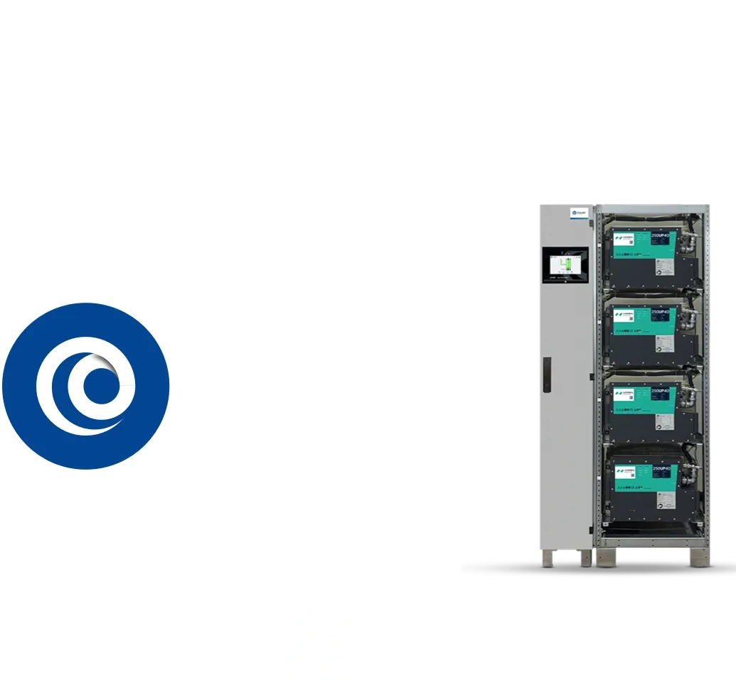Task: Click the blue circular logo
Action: [x=85, y=386]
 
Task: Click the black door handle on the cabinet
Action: [x=547, y=372]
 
